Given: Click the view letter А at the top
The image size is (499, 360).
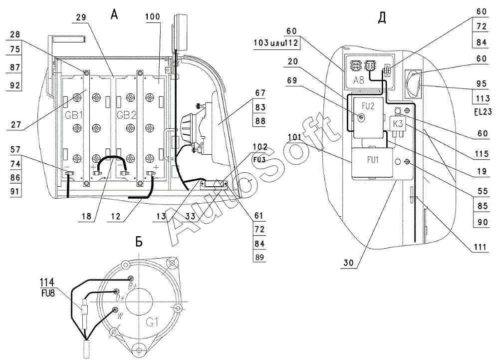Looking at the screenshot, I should (x=115, y=15).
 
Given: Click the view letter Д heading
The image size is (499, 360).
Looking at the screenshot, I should (x=382, y=18).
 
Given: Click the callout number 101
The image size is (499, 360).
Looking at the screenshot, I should (x=294, y=136).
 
